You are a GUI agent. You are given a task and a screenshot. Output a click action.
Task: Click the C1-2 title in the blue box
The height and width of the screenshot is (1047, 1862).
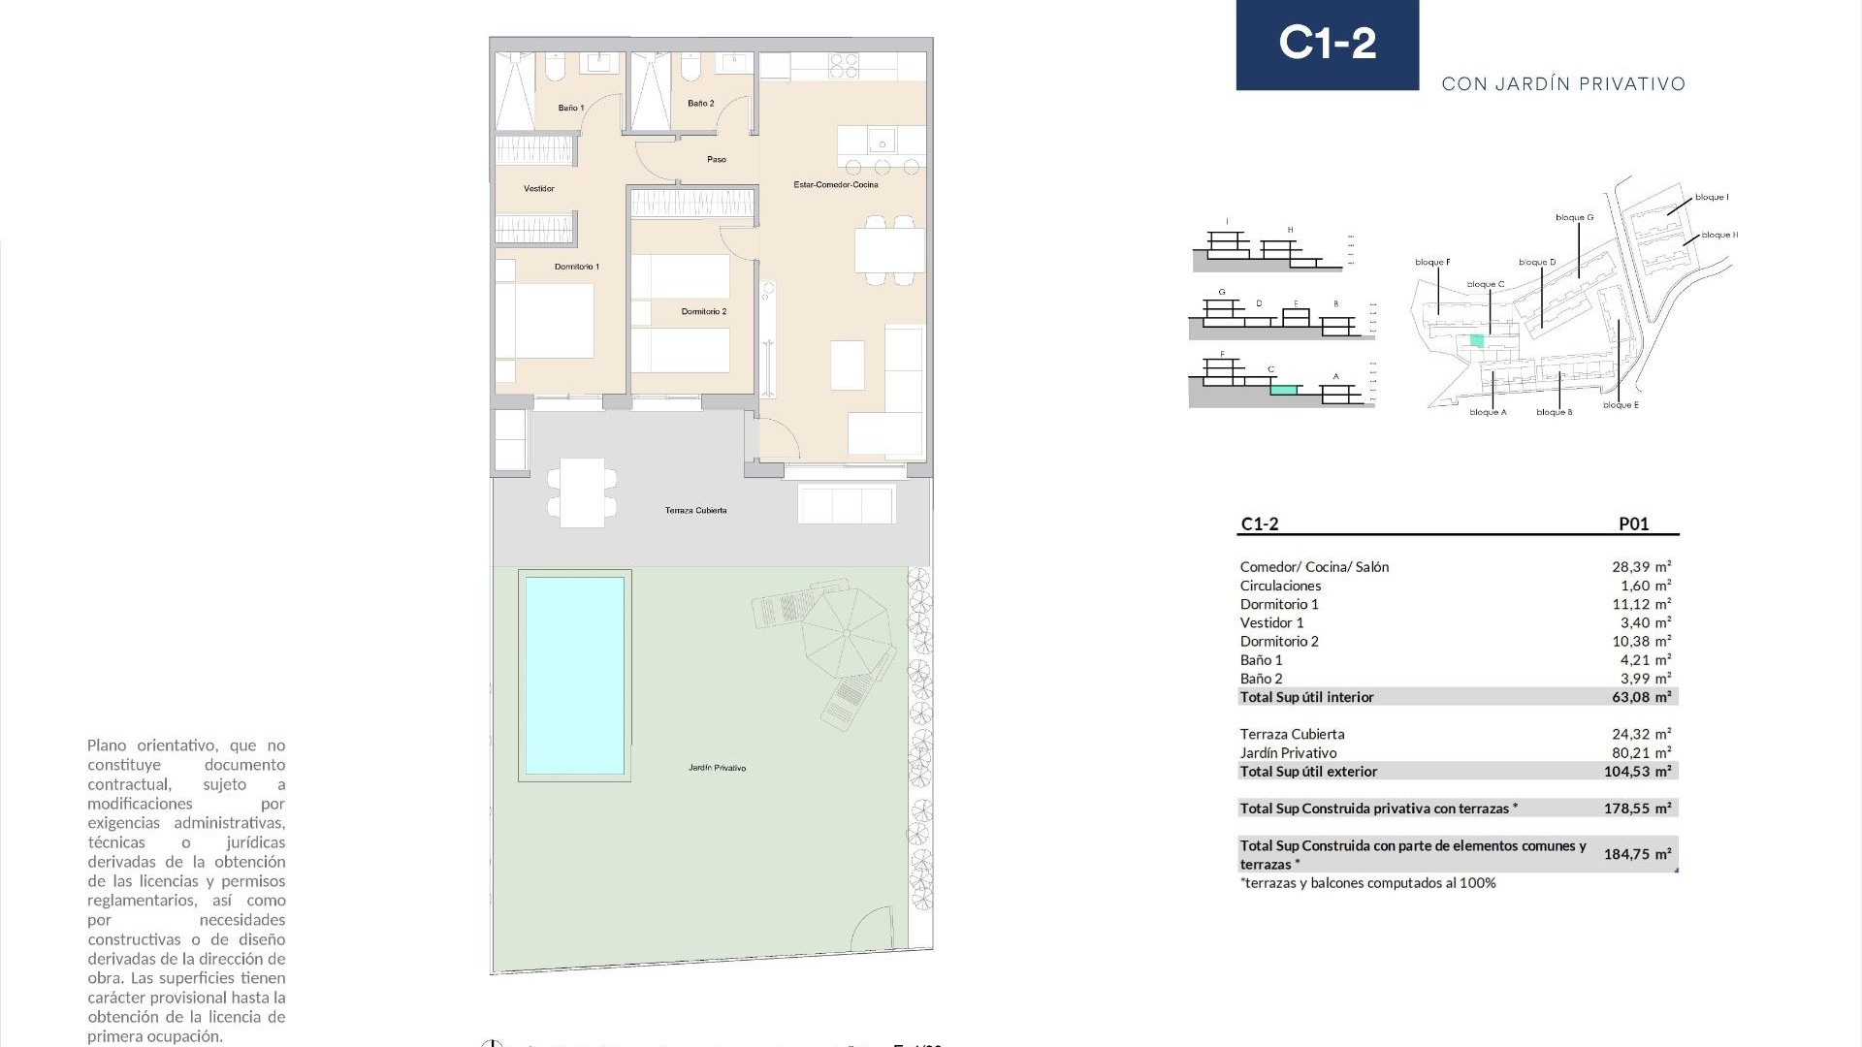pyautogui.click(x=1327, y=44)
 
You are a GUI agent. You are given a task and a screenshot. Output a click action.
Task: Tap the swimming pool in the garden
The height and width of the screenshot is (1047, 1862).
pyautogui.click(x=574, y=675)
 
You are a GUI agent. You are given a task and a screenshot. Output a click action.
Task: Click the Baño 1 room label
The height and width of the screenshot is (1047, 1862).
pyautogui.click(x=571, y=108)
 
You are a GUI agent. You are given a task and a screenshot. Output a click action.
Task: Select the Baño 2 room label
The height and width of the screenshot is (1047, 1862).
pyautogui.click(x=700, y=103)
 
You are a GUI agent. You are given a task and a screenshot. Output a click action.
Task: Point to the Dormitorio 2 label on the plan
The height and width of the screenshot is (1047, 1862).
pyautogui.click(x=703, y=311)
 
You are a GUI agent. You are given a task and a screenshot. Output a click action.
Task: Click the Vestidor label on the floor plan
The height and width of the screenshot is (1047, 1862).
pyautogui.click(x=539, y=188)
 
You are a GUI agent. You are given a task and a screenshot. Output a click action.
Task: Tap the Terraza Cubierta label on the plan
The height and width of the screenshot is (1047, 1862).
pyautogui.click(x=695, y=510)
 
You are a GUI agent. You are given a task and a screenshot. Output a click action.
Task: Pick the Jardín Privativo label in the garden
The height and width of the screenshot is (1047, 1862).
pyautogui.click(x=717, y=768)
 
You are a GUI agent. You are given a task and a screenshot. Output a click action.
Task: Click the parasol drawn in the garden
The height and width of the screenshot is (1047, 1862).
pyautogui.click(x=847, y=633)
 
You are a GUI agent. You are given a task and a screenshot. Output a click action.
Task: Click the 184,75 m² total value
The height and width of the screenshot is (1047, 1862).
pyautogui.click(x=1637, y=854)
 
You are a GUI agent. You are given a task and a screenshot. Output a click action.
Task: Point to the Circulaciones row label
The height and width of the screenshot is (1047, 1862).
pyautogui.click(x=1280, y=586)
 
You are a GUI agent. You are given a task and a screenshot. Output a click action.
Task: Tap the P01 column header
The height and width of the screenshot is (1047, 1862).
pyautogui.click(x=1633, y=523)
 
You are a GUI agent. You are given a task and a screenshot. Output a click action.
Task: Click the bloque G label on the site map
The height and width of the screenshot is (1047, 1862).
pyautogui.click(x=1574, y=218)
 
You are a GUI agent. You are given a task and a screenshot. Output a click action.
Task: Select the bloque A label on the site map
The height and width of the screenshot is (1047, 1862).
pyautogui.click(x=1488, y=412)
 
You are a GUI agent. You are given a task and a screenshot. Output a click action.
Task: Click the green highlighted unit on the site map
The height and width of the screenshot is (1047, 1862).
pyautogui.click(x=1477, y=340)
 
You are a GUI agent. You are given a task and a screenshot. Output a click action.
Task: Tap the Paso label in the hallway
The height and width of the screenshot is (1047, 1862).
pyautogui.click(x=716, y=159)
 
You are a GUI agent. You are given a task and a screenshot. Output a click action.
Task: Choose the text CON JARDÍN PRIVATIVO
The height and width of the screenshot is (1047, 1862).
pyautogui.click(x=1563, y=84)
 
